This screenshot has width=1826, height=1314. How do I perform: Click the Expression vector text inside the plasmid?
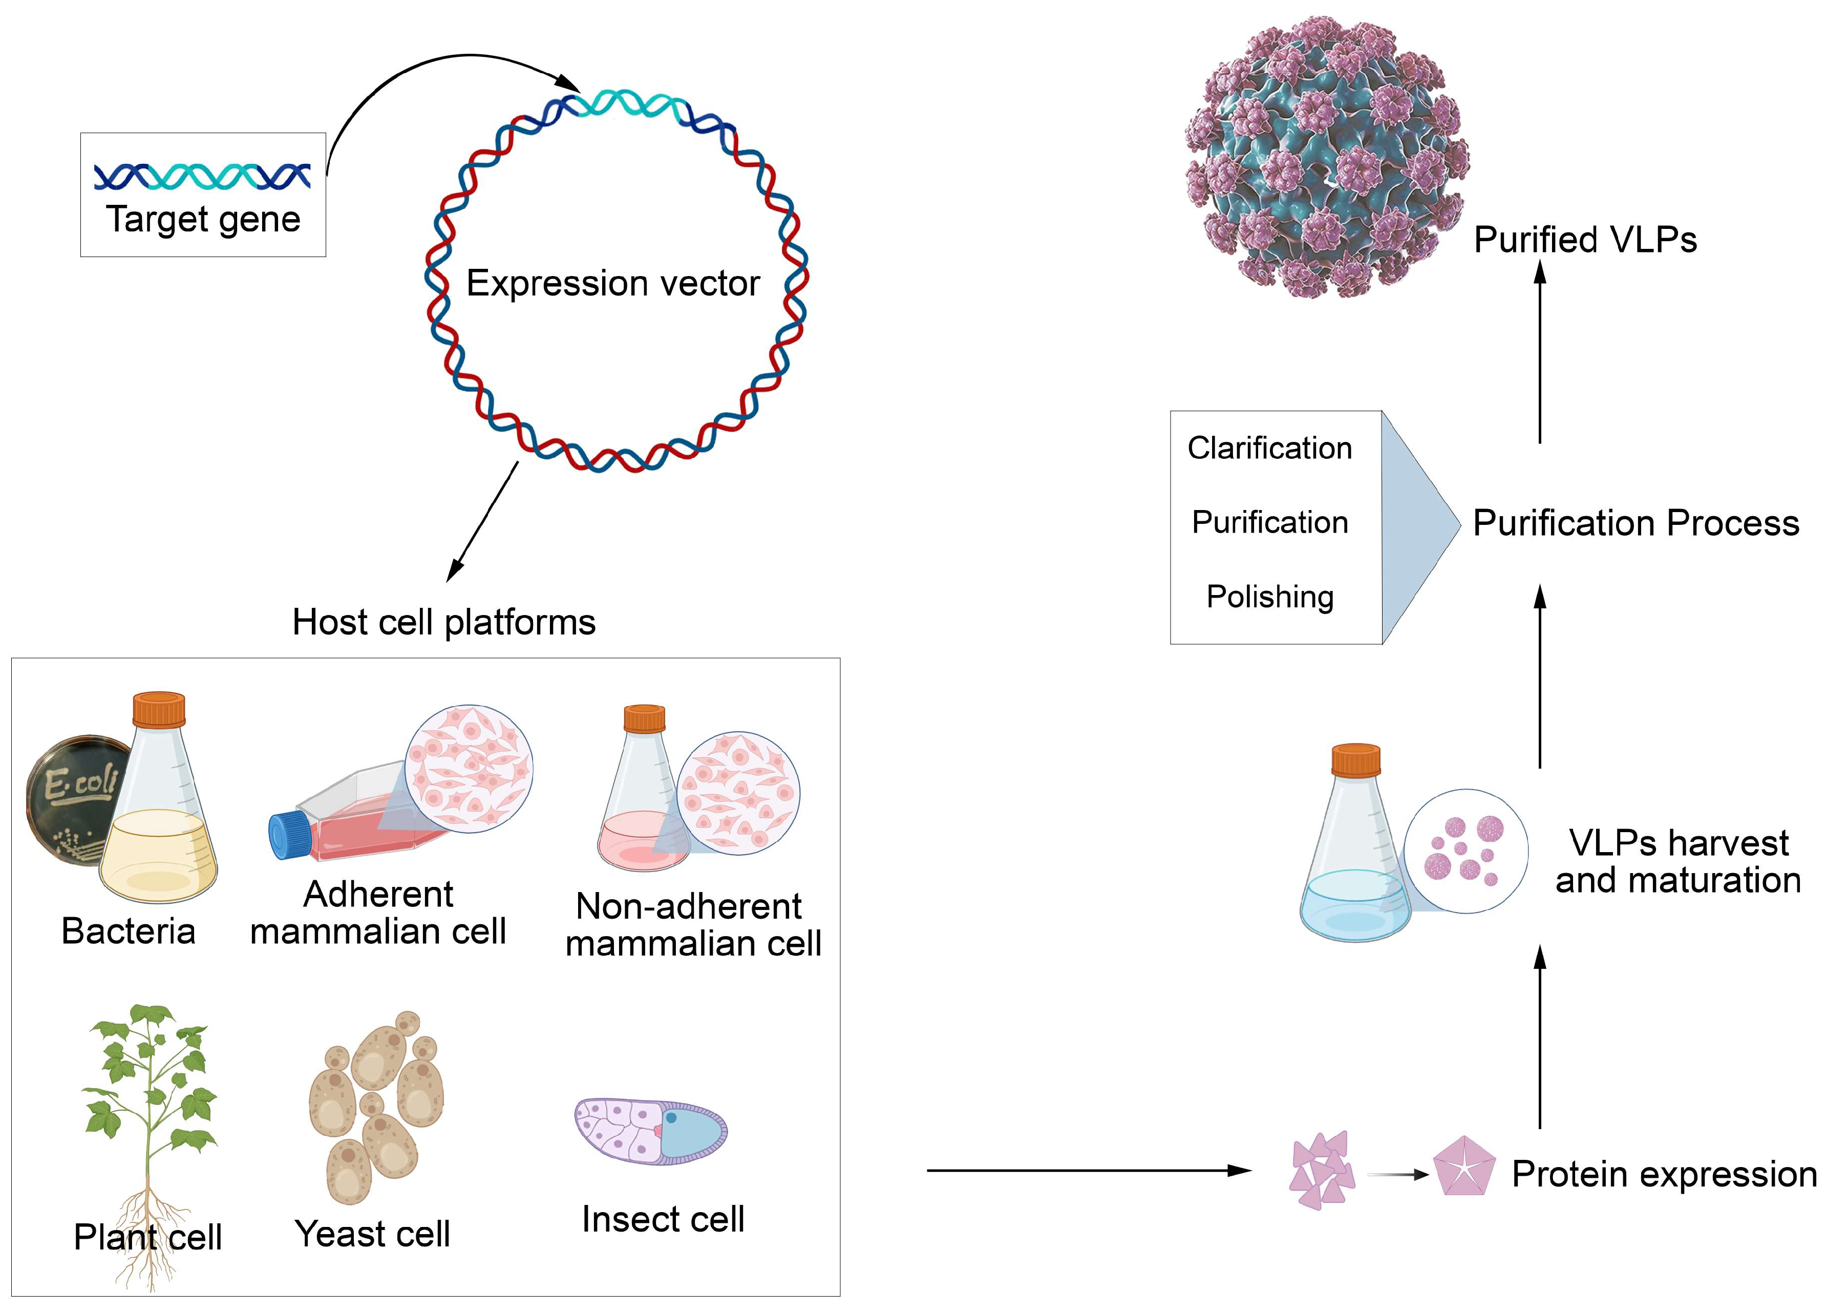pyautogui.click(x=613, y=283)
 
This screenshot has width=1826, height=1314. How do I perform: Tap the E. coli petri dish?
pyautogui.click(x=73, y=797)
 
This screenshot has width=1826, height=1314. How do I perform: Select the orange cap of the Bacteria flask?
pyautogui.click(x=159, y=709)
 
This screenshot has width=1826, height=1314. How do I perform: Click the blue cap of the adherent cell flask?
pyautogui.click(x=287, y=835)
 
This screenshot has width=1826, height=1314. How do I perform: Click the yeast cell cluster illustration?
pyautogui.click(x=376, y=1107)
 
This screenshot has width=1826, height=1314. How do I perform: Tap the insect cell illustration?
pyautogui.click(x=650, y=1131)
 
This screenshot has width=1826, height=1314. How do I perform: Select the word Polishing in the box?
pyautogui.click(x=1270, y=597)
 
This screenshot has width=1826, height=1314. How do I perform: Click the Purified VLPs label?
pyautogui.click(x=1584, y=240)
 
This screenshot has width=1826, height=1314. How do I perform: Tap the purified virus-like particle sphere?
pyautogui.click(x=1327, y=157)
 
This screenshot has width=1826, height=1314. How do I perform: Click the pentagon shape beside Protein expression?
pyautogui.click(x=1463, y=1167)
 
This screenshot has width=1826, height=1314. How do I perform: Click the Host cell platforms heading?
pyautogui.click(x=443, y=622)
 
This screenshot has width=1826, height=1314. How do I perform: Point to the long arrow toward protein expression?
pyautogui.click(x=1087, y=1170)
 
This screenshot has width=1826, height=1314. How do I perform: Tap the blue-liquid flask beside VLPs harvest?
pyautogui.click(x=1355, y=854)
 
